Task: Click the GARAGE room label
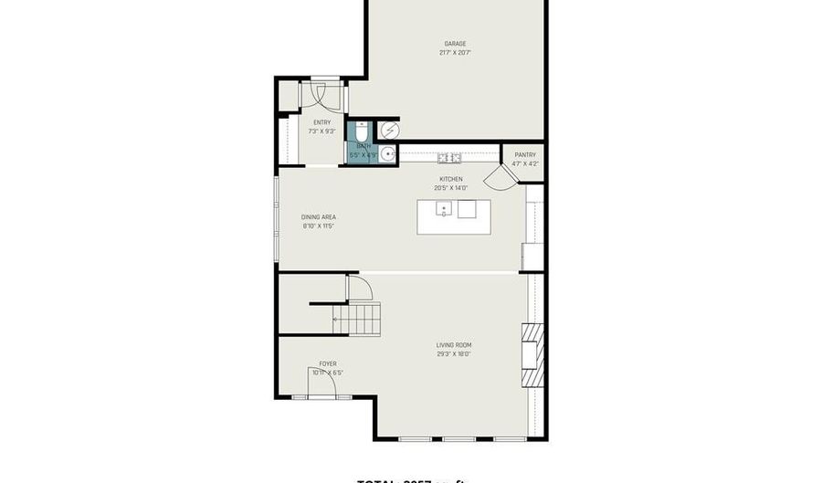click(x=454, y=44)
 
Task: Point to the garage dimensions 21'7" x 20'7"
click(x=454, y=53)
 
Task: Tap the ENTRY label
click(x=321, y=122)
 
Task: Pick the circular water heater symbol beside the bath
click(x=389, y=130)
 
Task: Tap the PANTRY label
click(x=524, y=155)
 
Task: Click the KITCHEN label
click(x=451, y=179)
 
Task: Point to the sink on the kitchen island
click(x=443, y=210)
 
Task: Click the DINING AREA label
click(x=319, y=217)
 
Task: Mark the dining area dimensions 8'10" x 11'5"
click(x=319, y=226)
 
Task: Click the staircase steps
click(x=363, y=320)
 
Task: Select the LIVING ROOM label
click(x=454, y=345)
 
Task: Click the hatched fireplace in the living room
click(x=530, y=357)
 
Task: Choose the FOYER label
click(x=327, y=363)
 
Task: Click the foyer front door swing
click(x=322, y=386)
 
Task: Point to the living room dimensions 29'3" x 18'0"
click(x=454, y=354)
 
